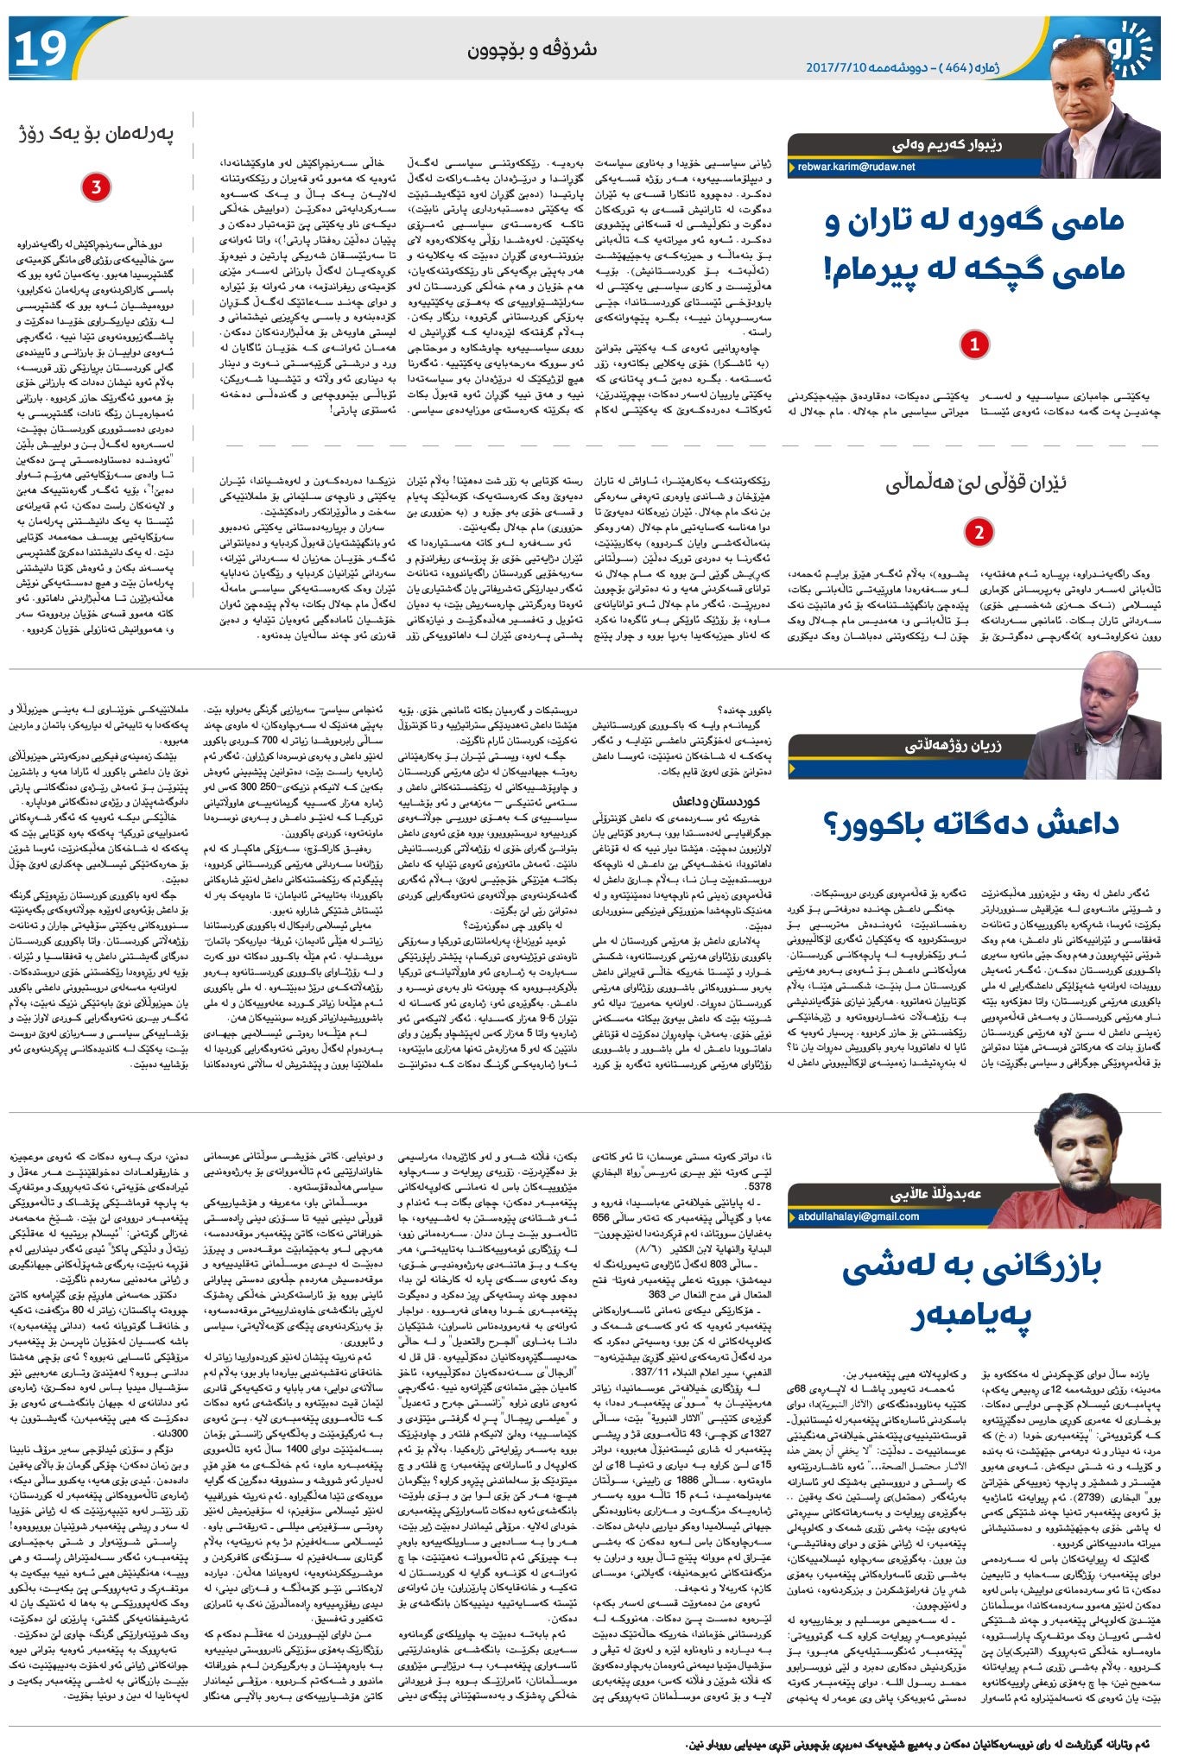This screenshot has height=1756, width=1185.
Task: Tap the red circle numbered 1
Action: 973,344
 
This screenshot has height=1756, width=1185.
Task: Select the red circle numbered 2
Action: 978,532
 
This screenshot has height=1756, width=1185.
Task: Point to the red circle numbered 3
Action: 95,186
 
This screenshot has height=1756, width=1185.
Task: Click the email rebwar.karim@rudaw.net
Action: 856,167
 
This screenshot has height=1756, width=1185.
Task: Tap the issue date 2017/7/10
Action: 839,66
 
